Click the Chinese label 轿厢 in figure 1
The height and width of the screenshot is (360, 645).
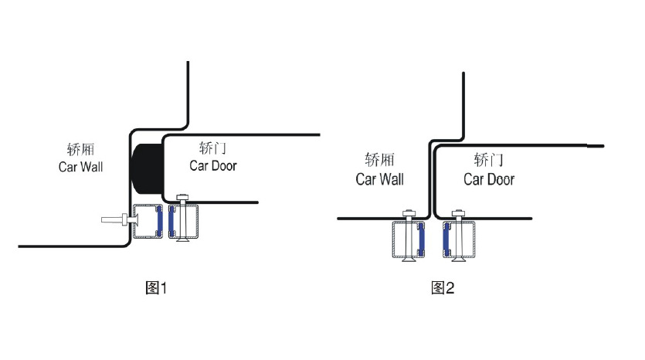point(80,149)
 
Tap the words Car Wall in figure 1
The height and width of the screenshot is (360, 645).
point(80,167)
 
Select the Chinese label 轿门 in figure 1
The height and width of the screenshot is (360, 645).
point(212,148)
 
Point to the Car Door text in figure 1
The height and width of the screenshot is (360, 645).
point(213,166)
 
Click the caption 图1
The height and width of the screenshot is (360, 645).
point(156,287)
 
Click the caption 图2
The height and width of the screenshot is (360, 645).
point(443,287)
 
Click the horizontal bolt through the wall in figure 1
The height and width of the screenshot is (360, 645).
point(120,220)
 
